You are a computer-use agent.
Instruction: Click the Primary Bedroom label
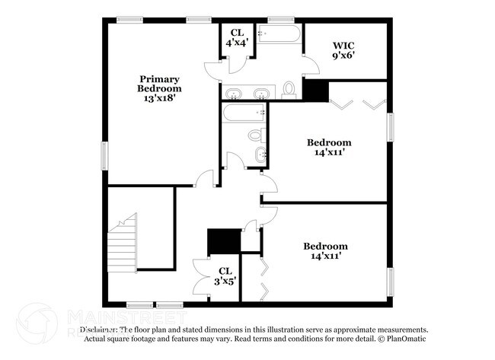click(159, 84)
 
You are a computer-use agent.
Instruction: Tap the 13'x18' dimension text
click(159, 99)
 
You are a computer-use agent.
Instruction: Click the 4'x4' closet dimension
click(235, 43)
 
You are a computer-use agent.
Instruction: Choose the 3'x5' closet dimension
click(225, 280)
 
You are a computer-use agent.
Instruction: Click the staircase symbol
click(121, 244)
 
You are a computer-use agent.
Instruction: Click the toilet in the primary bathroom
click(289, 90)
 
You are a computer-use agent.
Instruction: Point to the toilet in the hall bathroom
click(255, 135)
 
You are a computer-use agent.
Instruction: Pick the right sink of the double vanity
click(260, 93)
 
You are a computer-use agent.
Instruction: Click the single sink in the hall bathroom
click(261, 155)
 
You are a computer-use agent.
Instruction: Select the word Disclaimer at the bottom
click(104, 330)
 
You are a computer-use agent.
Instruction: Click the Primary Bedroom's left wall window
click(105, 155)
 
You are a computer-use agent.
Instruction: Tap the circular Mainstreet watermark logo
click(37, 323)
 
